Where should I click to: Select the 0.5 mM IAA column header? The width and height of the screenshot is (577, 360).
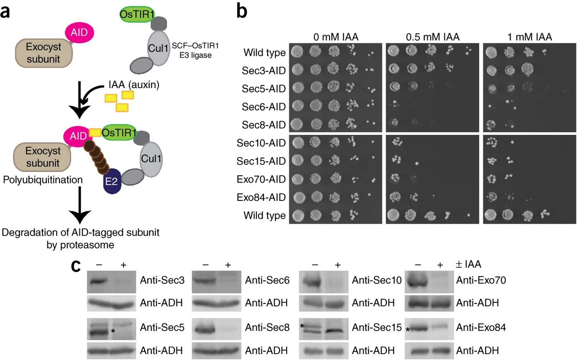[433, 37]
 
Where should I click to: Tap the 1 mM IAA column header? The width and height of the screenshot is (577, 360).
[529, 37]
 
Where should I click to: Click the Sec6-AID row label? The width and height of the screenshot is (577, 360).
[263, 107]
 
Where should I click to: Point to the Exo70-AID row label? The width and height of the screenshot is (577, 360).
[261, 179]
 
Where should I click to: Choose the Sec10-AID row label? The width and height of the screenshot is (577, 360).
[261, 143]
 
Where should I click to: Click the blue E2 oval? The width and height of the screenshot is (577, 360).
[112, 181]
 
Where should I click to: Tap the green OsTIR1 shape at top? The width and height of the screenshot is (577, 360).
[137, 14]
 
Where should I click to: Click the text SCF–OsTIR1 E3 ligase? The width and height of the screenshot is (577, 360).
[195, 50]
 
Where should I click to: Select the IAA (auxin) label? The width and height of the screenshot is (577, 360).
[134, 85]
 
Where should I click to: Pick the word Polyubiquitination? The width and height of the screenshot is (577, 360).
[43, 180]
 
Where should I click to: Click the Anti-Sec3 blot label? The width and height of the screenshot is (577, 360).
[162, 280]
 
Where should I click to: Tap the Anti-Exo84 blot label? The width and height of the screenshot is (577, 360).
[481, 328]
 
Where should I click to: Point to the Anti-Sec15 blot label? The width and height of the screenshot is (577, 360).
[377, 328]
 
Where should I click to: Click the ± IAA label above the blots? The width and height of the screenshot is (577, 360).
[469, 264]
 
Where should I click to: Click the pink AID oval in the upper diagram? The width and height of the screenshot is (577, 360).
[79, 32]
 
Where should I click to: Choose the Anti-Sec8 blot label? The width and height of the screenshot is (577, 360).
[267, 328]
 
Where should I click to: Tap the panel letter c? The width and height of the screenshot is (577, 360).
[76, 266]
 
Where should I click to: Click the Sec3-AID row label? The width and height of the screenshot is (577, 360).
[263, 71]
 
